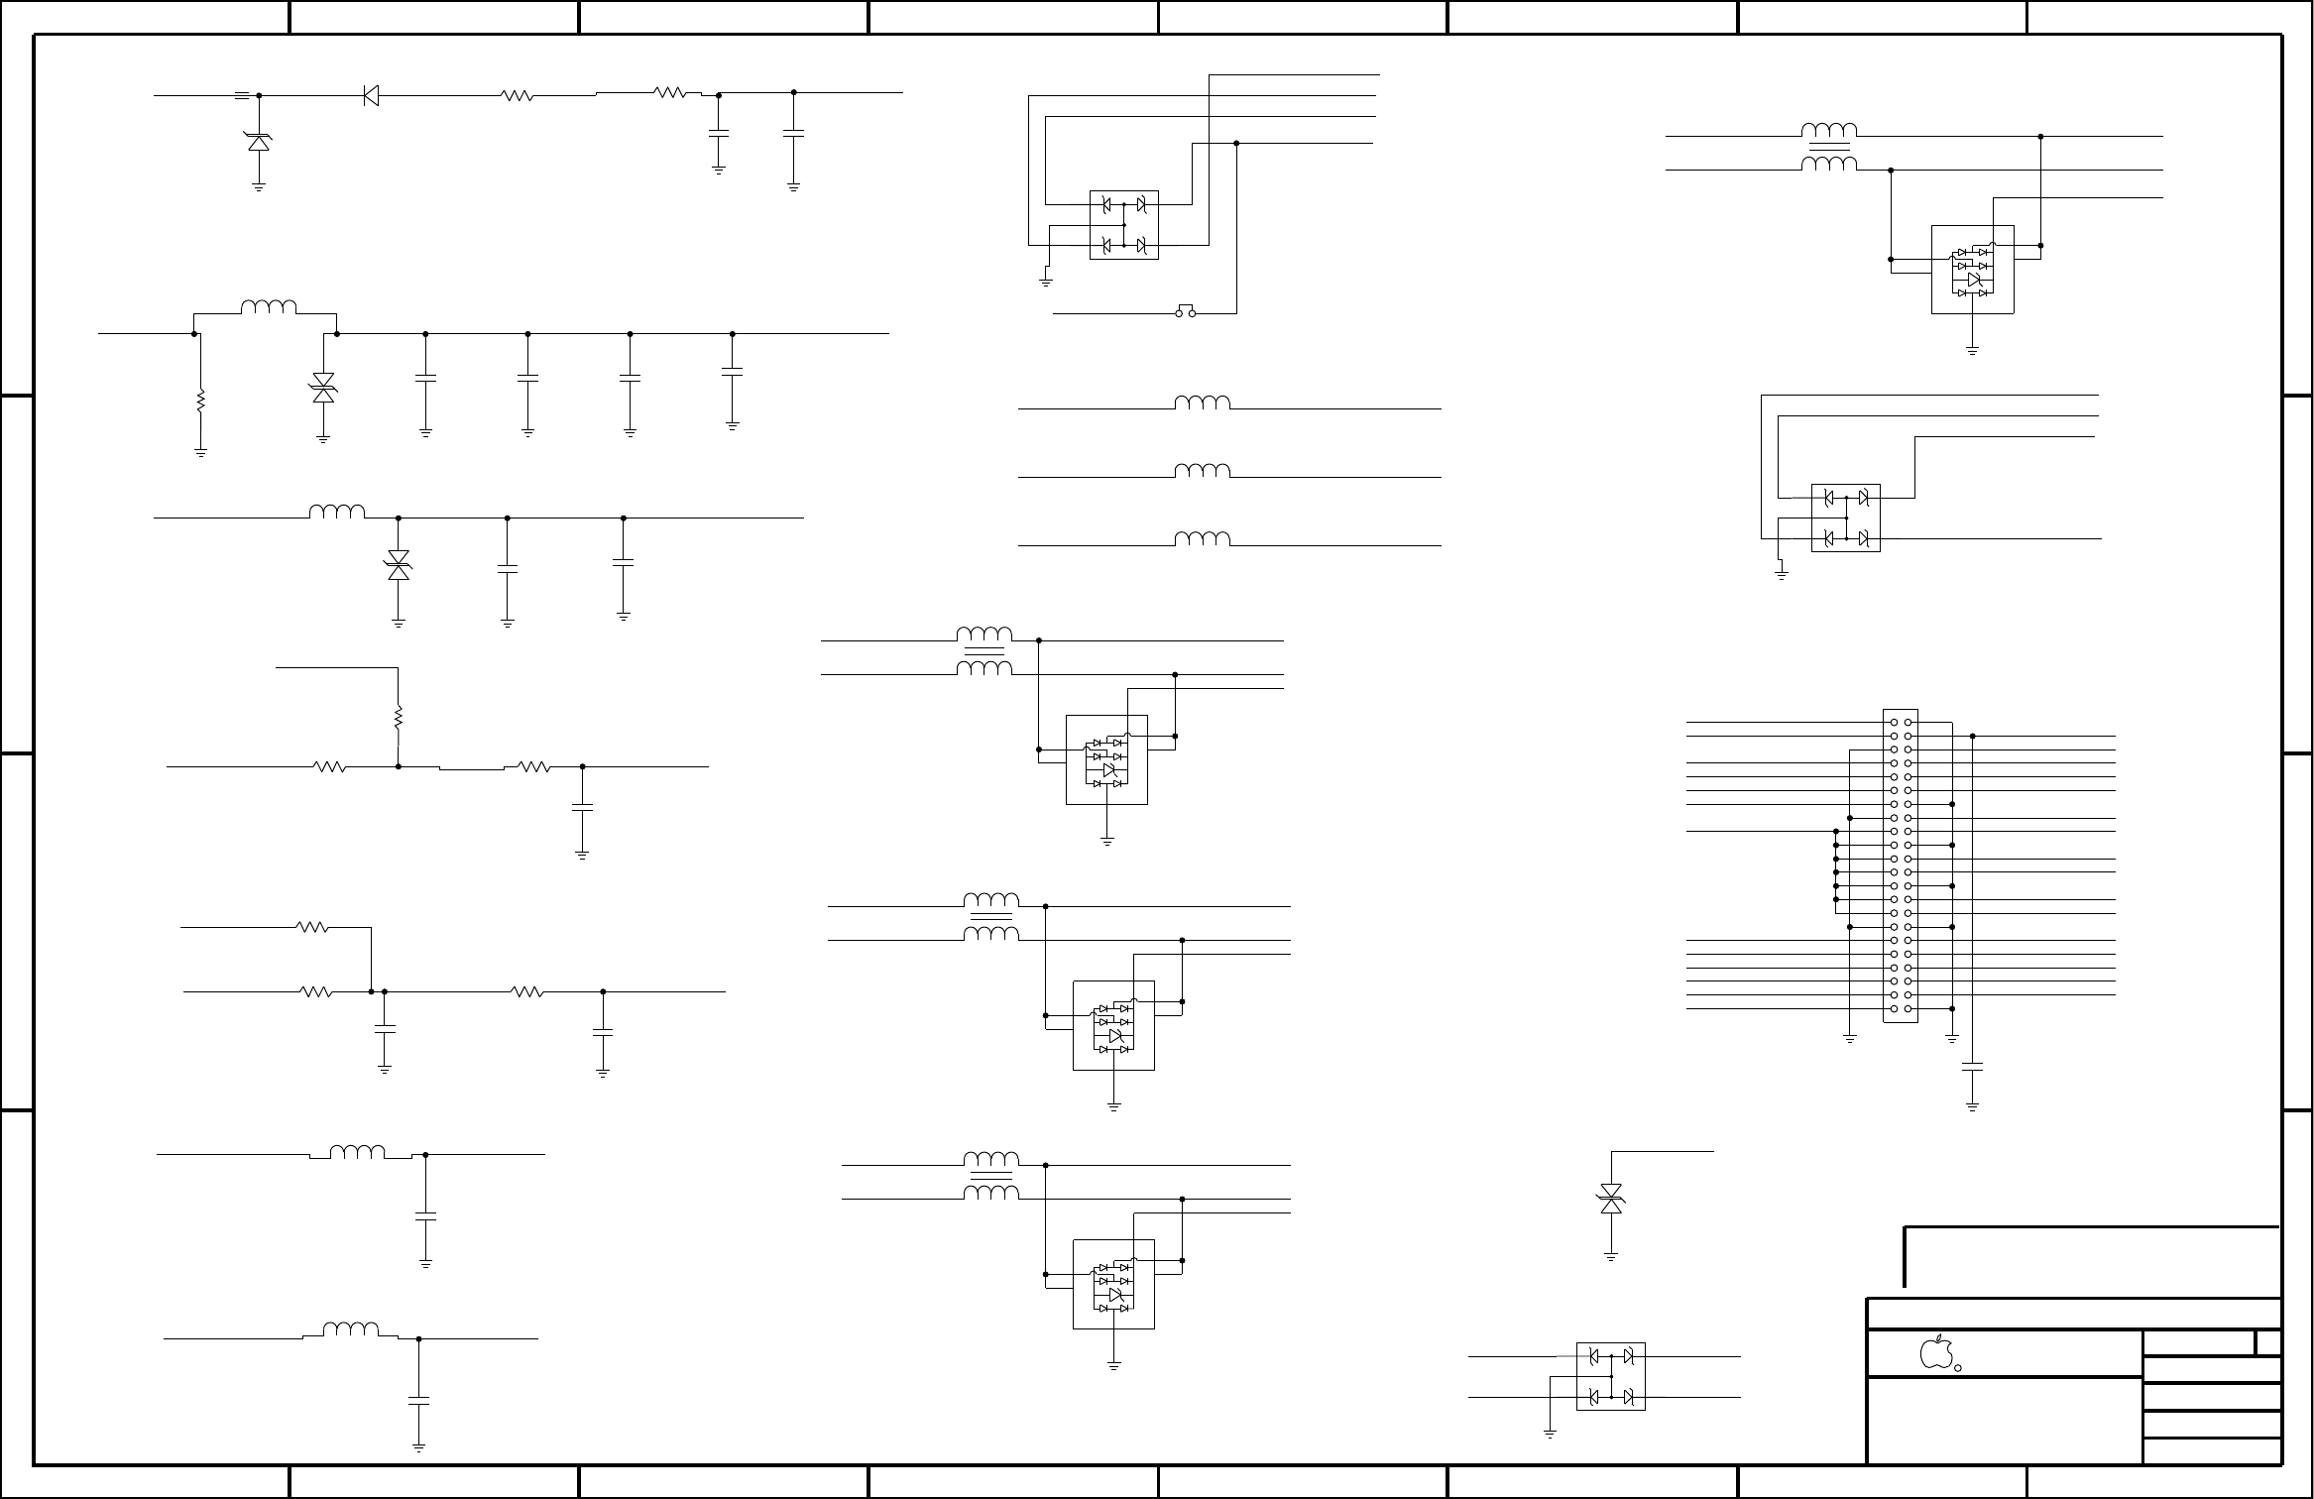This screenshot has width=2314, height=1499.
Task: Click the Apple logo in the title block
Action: coord(1936,1352)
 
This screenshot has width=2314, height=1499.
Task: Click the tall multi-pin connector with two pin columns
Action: coord(1901,865)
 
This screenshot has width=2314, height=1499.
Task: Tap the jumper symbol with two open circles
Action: coord(1186,311)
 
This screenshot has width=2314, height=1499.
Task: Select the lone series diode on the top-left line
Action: coord(371,96)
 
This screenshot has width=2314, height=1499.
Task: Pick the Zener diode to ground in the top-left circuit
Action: coord(259,142)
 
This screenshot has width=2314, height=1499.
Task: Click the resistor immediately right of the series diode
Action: coord(518,96)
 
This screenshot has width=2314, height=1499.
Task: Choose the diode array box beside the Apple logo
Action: coord(1611,1376)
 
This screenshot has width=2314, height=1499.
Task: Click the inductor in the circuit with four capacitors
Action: coord(269,307)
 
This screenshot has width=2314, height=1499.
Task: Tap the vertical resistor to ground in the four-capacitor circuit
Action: coord(200,401)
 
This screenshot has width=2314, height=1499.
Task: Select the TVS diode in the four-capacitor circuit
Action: coord(323,389)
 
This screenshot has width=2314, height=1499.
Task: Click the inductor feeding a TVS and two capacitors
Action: coord(337,512)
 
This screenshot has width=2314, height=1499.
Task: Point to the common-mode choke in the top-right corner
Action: coord(1829,147)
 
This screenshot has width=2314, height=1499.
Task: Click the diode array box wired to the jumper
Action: coord(1124,225)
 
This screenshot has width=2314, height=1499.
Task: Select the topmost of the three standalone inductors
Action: coord(1203,403)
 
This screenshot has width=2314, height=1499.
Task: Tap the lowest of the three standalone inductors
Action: coord(1203,539)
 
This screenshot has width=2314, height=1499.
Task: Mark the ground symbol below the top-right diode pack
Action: coord(1973,350)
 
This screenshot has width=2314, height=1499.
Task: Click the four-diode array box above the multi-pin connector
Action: coord(1846,518)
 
